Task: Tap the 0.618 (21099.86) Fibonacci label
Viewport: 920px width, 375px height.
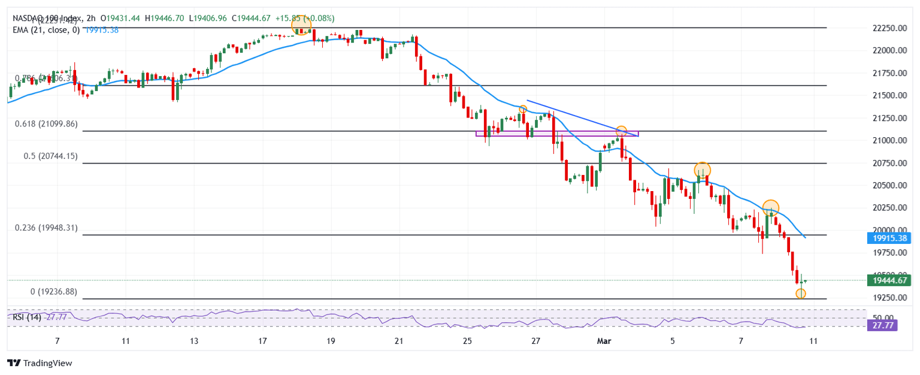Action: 47,124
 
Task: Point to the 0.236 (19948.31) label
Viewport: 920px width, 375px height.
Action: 46,228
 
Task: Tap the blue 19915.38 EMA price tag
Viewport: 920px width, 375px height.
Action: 888,238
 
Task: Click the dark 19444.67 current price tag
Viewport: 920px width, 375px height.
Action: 888,280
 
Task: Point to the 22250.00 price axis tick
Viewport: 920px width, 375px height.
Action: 889,28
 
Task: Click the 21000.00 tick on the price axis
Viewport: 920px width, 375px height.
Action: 889,141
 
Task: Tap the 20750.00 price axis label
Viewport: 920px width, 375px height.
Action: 889,163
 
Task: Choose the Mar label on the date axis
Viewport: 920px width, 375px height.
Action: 604,341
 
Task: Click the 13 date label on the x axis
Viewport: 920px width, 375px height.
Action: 194,341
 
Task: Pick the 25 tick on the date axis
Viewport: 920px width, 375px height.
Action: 468,341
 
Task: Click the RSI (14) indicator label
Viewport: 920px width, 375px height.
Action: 27,317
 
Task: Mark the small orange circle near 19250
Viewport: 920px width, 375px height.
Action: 801,294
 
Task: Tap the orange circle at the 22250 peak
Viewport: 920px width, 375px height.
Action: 301,26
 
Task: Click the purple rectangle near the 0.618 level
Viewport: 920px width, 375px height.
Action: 557,134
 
